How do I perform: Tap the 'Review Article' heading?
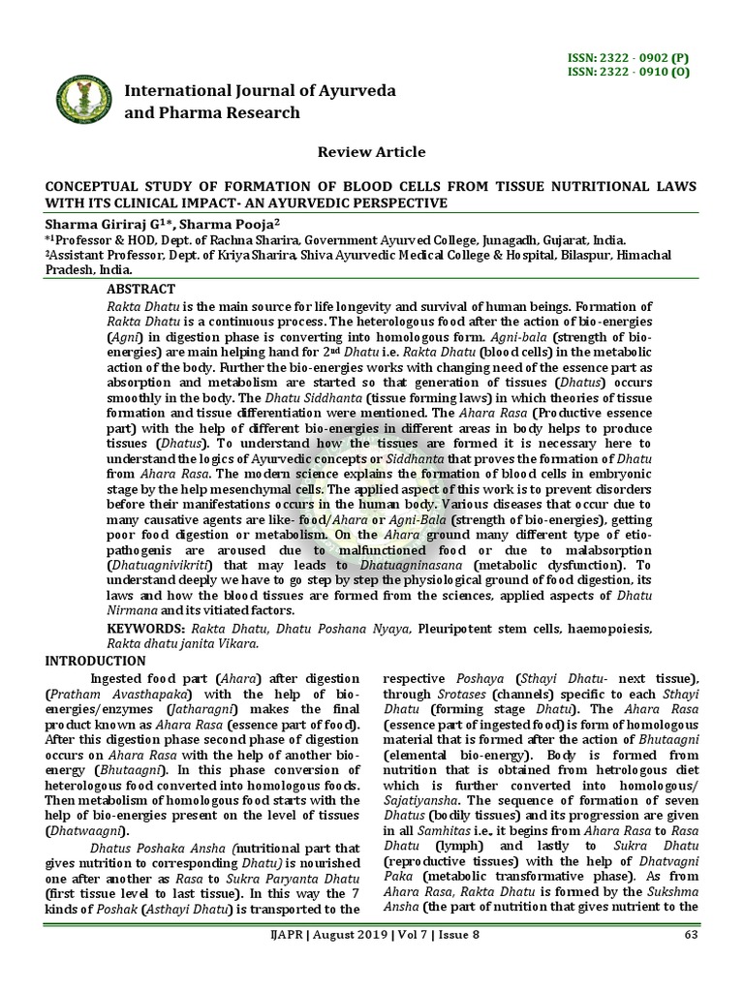coord(372,152)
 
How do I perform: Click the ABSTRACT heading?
coord(141,290)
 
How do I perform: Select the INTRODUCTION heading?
coord(96,661)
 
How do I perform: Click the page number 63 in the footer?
coord(691,961)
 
